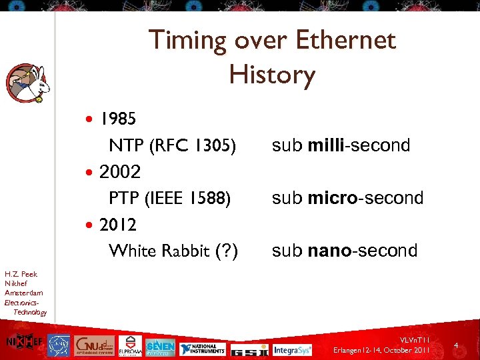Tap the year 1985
(x=118, y=119)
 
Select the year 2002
(x=120, y=172)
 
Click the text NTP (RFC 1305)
(x=172, y=145)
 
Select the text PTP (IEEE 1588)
(x=170, y=198)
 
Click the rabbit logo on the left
(x=28, y=83)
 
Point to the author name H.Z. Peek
(x=21, y=274)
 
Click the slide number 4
(x=456, y=345)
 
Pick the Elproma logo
(x=129, y=345)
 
